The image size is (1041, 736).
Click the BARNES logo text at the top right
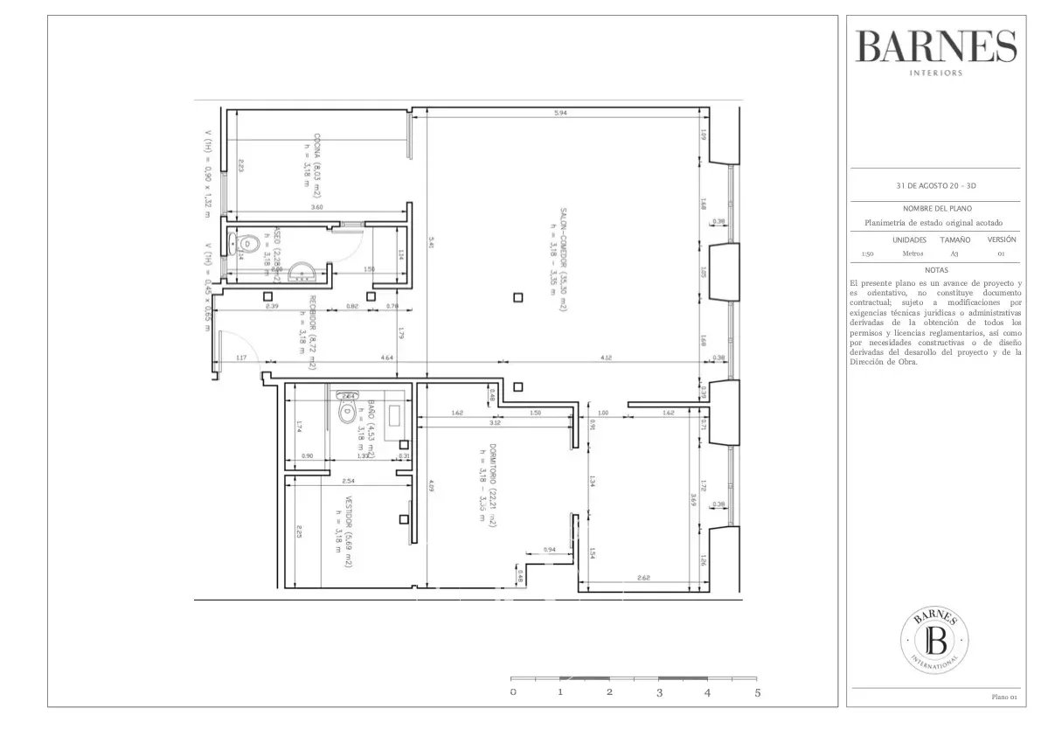tap(936, 45)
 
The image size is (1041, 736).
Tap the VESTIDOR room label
tap(346, 533)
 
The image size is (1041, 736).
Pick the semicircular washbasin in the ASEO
tap(300, 272)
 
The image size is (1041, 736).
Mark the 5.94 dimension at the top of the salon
tap(560, 113)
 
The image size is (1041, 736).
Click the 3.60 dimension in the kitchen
tap(317, 207)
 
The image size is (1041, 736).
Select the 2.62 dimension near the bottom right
tap(643, 578)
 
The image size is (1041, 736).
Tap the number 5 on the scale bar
tap(758, 692)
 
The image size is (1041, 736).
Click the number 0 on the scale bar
tap(513, 692)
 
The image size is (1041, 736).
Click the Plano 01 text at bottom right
tap(1003, 697)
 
